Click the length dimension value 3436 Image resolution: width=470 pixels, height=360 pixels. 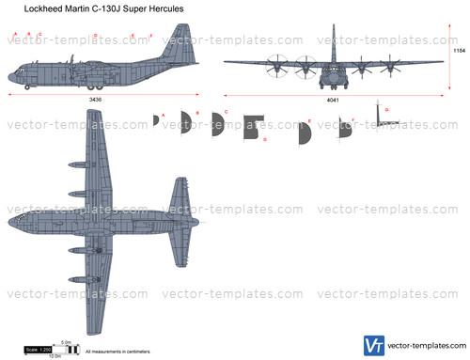(95, 98)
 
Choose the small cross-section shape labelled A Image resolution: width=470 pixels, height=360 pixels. (157, 118)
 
